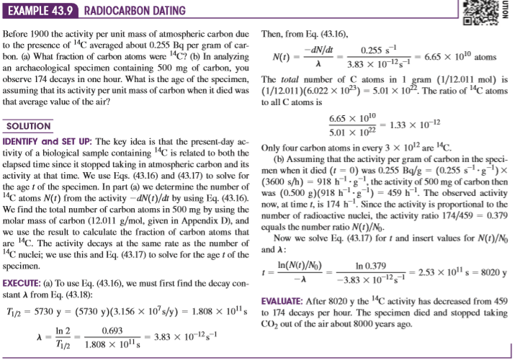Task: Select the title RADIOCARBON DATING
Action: pos(135,11)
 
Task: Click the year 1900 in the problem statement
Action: pos(52,35)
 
